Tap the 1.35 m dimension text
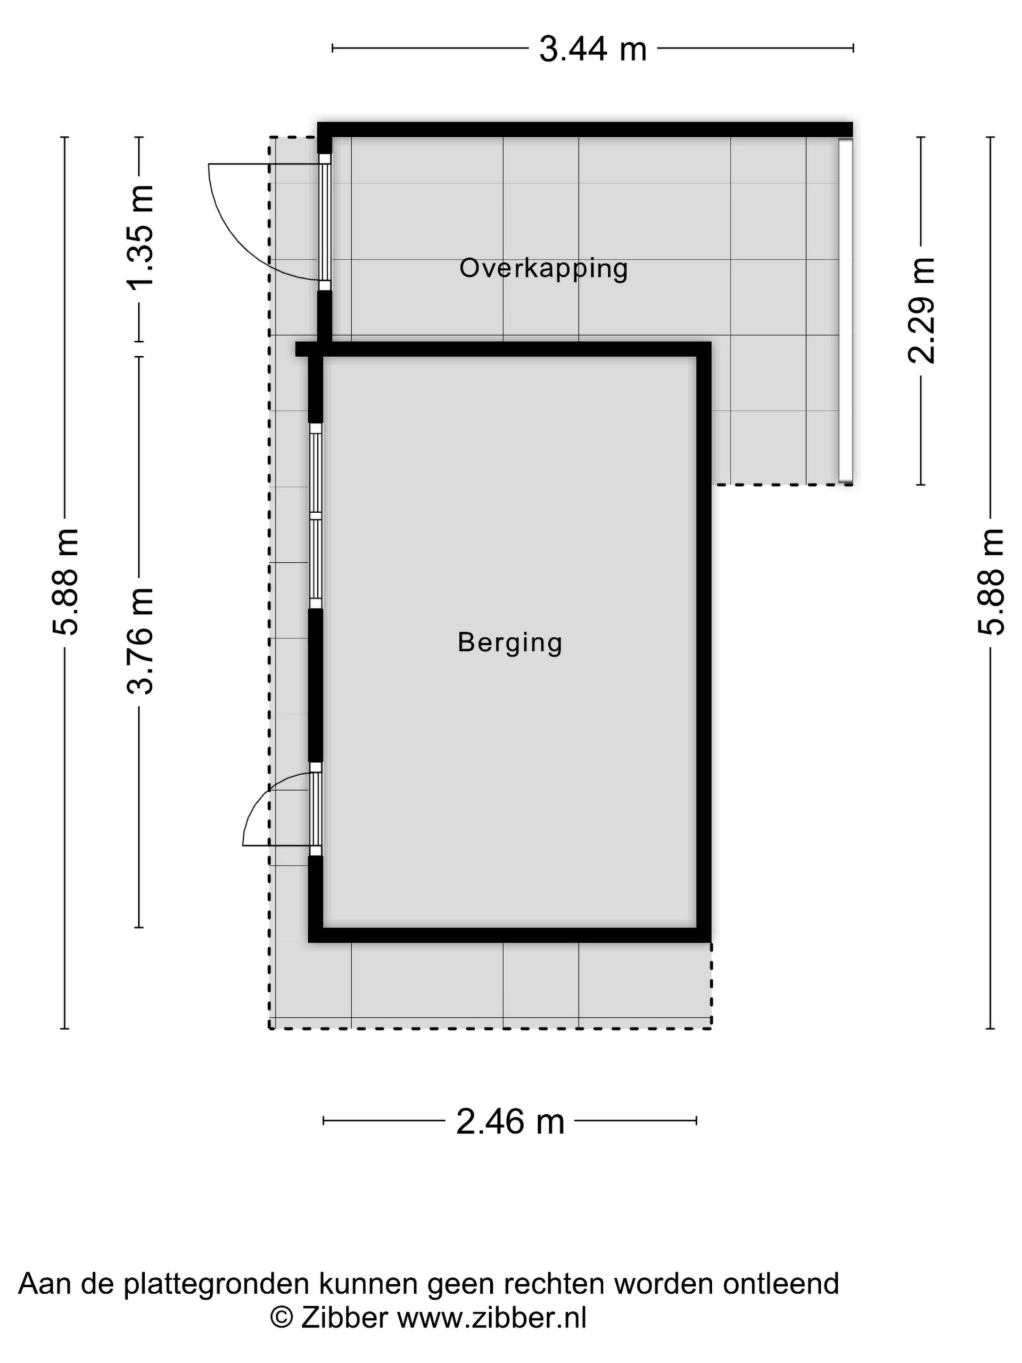pos(141,236)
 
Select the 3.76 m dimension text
pos(141,641)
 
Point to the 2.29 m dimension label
pos(922,310)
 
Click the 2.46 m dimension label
pos(510,1121)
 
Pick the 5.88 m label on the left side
pos(65,582)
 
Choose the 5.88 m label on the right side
pos(991,582)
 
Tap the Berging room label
pos(510,642)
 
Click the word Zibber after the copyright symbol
pos(344,1317)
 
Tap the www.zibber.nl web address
pos(492,1317)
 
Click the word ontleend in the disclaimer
pos(780,1284)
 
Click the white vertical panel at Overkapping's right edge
pos(845,310)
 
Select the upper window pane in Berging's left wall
pos(316,473)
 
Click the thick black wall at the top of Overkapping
pos(585,129)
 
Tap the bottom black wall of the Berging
pos(510,935)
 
